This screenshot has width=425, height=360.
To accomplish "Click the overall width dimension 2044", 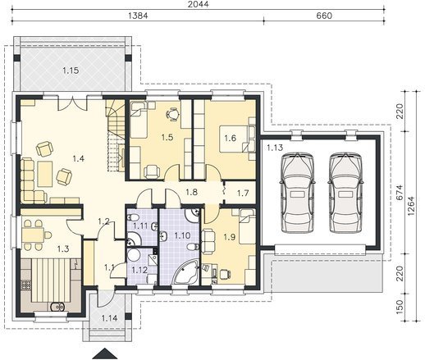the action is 199,4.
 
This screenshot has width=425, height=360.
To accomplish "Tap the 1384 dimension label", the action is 138,16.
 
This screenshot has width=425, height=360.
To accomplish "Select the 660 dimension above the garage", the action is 324,16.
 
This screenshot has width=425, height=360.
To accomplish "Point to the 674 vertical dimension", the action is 400,193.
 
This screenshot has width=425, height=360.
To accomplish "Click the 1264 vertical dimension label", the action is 411,206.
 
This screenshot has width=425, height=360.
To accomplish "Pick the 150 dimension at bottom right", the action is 400,307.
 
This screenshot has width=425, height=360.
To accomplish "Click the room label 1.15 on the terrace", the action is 71,71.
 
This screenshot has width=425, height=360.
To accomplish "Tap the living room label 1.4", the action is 79,158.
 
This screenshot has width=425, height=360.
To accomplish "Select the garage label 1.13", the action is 275,148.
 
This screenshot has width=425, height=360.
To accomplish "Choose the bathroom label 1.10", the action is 182,235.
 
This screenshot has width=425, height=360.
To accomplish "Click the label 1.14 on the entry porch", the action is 109,318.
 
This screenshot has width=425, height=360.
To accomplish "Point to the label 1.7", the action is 243,194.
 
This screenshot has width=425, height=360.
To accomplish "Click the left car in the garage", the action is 297,193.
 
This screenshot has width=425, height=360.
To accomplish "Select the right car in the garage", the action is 346,193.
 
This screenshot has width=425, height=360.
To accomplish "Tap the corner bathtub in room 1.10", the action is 185,271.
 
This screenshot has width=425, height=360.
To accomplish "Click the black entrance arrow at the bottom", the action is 105,353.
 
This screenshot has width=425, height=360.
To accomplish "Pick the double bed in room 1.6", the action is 237,139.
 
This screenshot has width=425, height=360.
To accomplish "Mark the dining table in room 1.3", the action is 33,235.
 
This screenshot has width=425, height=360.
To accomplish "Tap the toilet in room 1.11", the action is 133,218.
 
